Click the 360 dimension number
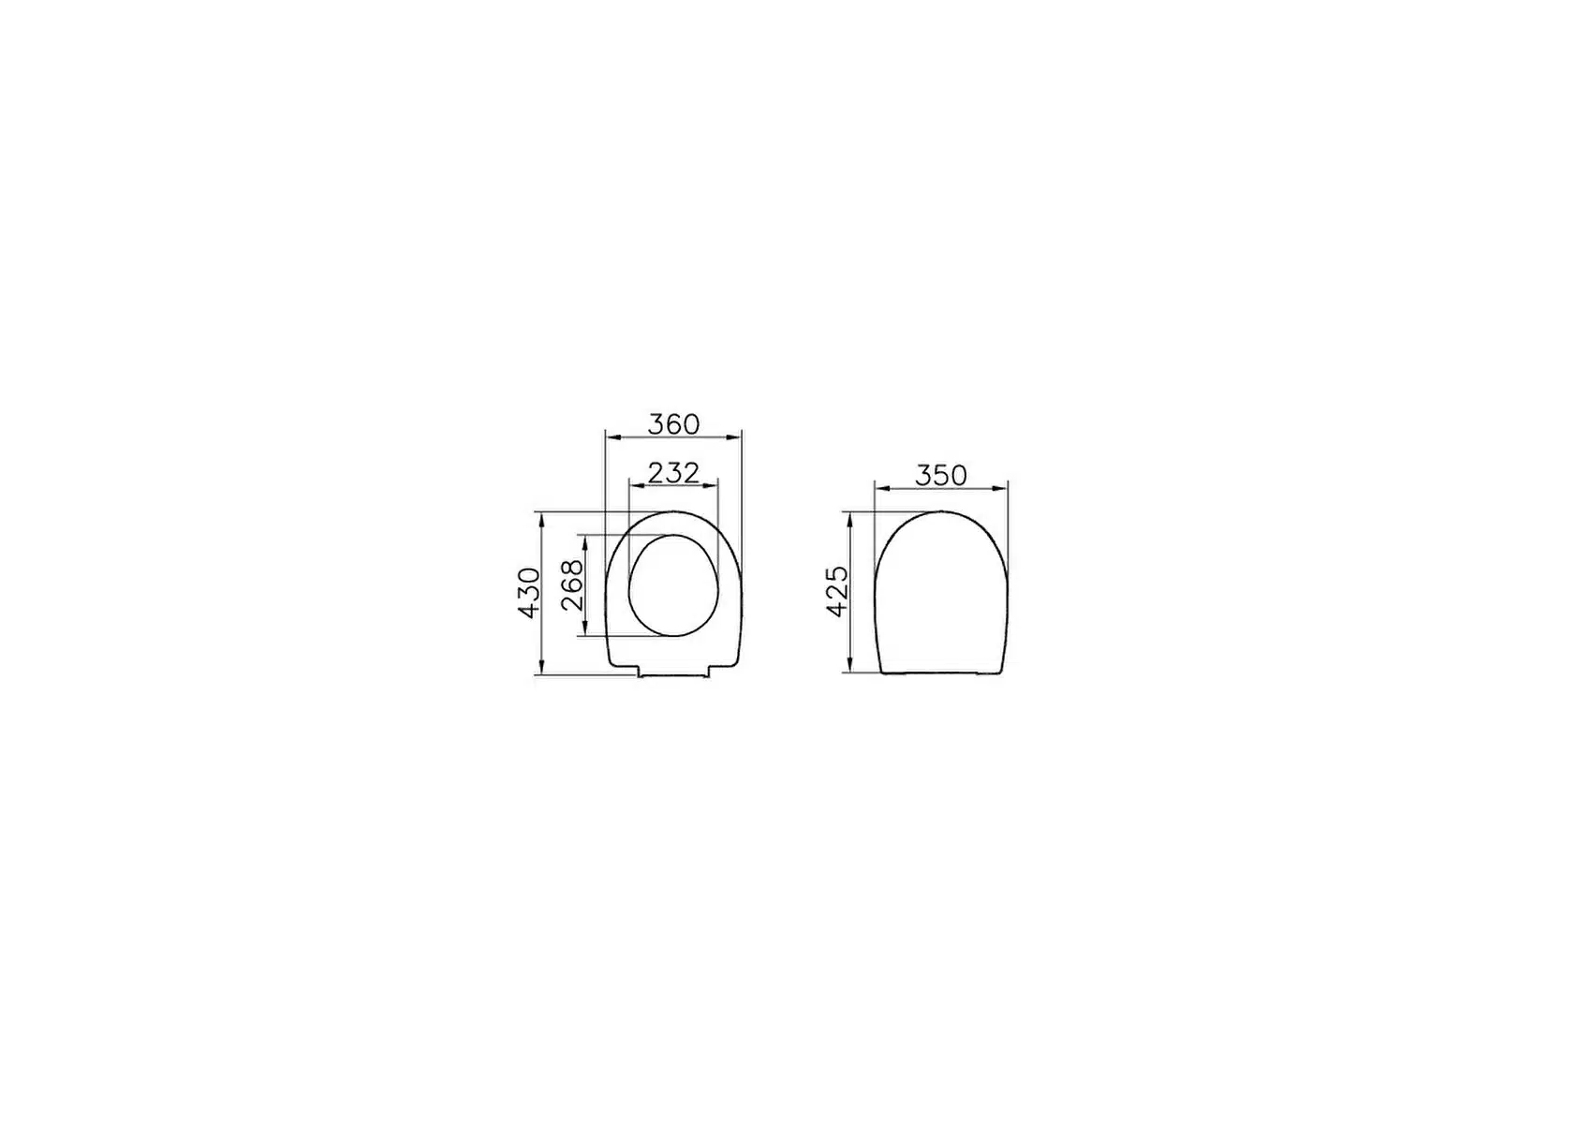673,424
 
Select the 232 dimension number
673,473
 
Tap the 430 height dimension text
529,593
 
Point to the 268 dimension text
572,585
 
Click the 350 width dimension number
940,476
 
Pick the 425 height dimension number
837,591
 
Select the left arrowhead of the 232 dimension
638,486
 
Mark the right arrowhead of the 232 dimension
710,486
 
